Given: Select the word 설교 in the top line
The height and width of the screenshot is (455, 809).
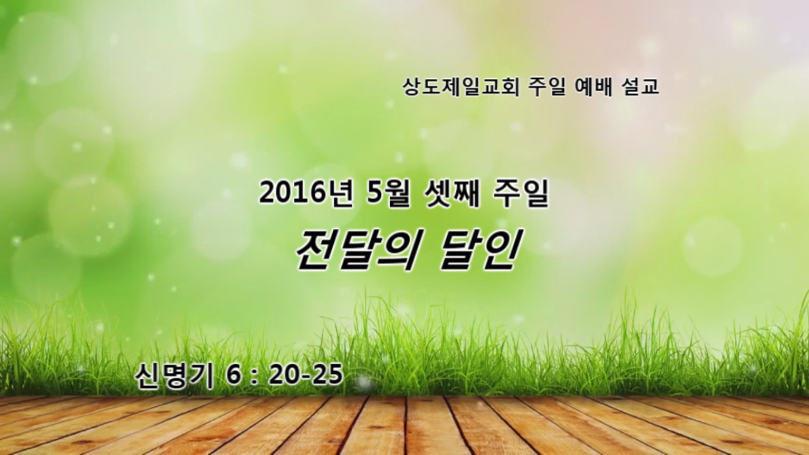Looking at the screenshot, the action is pyautogui.click(x=640, y=88).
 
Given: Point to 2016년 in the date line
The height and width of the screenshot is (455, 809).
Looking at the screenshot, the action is pyautogui.click(x=306, y=195).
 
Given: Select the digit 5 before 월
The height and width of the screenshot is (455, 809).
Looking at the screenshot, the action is pyautogui.click(x=373, y=195).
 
